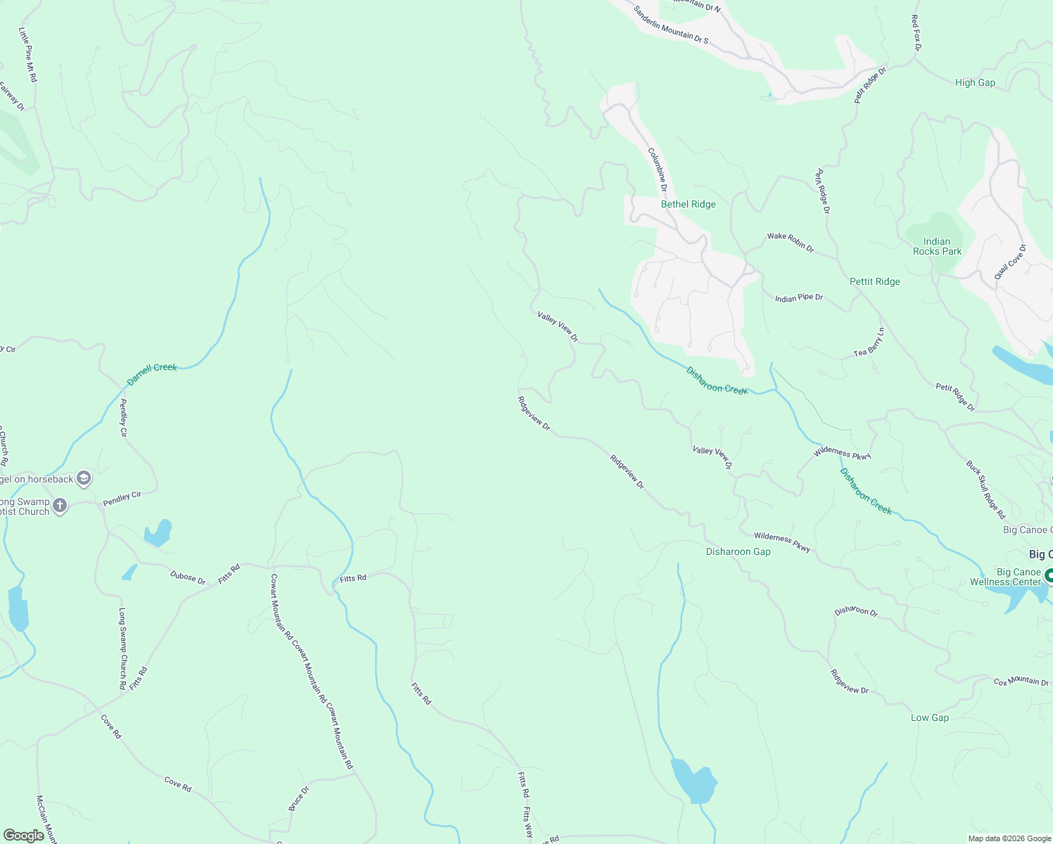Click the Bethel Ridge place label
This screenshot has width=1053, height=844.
pos(688,204)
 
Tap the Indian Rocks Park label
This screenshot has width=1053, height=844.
pos(937,246)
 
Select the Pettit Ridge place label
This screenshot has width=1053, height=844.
pos(874,281)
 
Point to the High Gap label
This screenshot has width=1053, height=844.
pos(975,82)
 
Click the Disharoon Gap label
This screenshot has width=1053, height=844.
pos(738,551)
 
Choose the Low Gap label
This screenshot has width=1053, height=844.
pos(929,717)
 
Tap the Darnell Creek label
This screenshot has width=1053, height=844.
pos(151,374)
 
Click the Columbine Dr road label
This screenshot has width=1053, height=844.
pos(657,170)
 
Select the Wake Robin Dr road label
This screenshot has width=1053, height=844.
pos(790,241)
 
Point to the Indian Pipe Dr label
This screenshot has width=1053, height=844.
pos(799,298)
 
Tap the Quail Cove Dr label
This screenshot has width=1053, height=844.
pos(1010,262)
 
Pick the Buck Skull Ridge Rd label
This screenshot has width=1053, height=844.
pos(985,490)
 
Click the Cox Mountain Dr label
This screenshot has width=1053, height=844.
pos(1021,682)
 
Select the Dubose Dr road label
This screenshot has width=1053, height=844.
pos(187,577)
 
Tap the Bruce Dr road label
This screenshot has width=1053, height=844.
pos(298,799)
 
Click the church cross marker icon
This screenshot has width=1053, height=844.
pos(60,505)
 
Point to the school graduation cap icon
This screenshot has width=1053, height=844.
pos(83,479)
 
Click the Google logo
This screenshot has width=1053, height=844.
pos(23,836)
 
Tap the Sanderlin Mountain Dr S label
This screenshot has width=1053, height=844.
pos(670,25)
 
